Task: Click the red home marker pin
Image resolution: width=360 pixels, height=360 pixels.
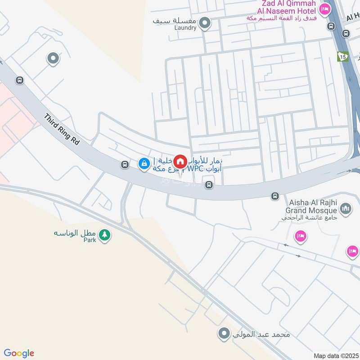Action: tap(180, 161)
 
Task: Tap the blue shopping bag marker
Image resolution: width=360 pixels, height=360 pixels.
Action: tap(144, 164)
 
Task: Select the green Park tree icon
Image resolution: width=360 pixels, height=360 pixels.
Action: tap(104, 235)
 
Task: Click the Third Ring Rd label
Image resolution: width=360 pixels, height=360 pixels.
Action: tap(62, 129)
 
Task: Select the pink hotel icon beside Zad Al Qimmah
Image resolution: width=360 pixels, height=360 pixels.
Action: tap(324, 9)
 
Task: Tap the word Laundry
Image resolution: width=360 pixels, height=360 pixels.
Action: tap(185, 28)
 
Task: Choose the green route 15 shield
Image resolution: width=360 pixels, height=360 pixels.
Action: tap(343, 56)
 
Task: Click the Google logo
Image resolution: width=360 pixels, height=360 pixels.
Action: tap(19, 353)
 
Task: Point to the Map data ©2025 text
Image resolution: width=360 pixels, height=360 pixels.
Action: tap(335, 355)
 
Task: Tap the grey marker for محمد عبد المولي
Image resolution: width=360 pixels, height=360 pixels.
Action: tap(223, 333)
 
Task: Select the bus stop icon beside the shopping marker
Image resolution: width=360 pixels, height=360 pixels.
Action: tap(125, 165)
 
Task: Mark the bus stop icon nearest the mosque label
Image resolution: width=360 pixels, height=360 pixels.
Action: tap(274, 196)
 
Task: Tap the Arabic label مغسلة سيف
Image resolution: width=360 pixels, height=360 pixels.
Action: tap(175, 21)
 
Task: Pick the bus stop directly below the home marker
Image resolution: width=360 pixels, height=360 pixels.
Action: tap(208, 184)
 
